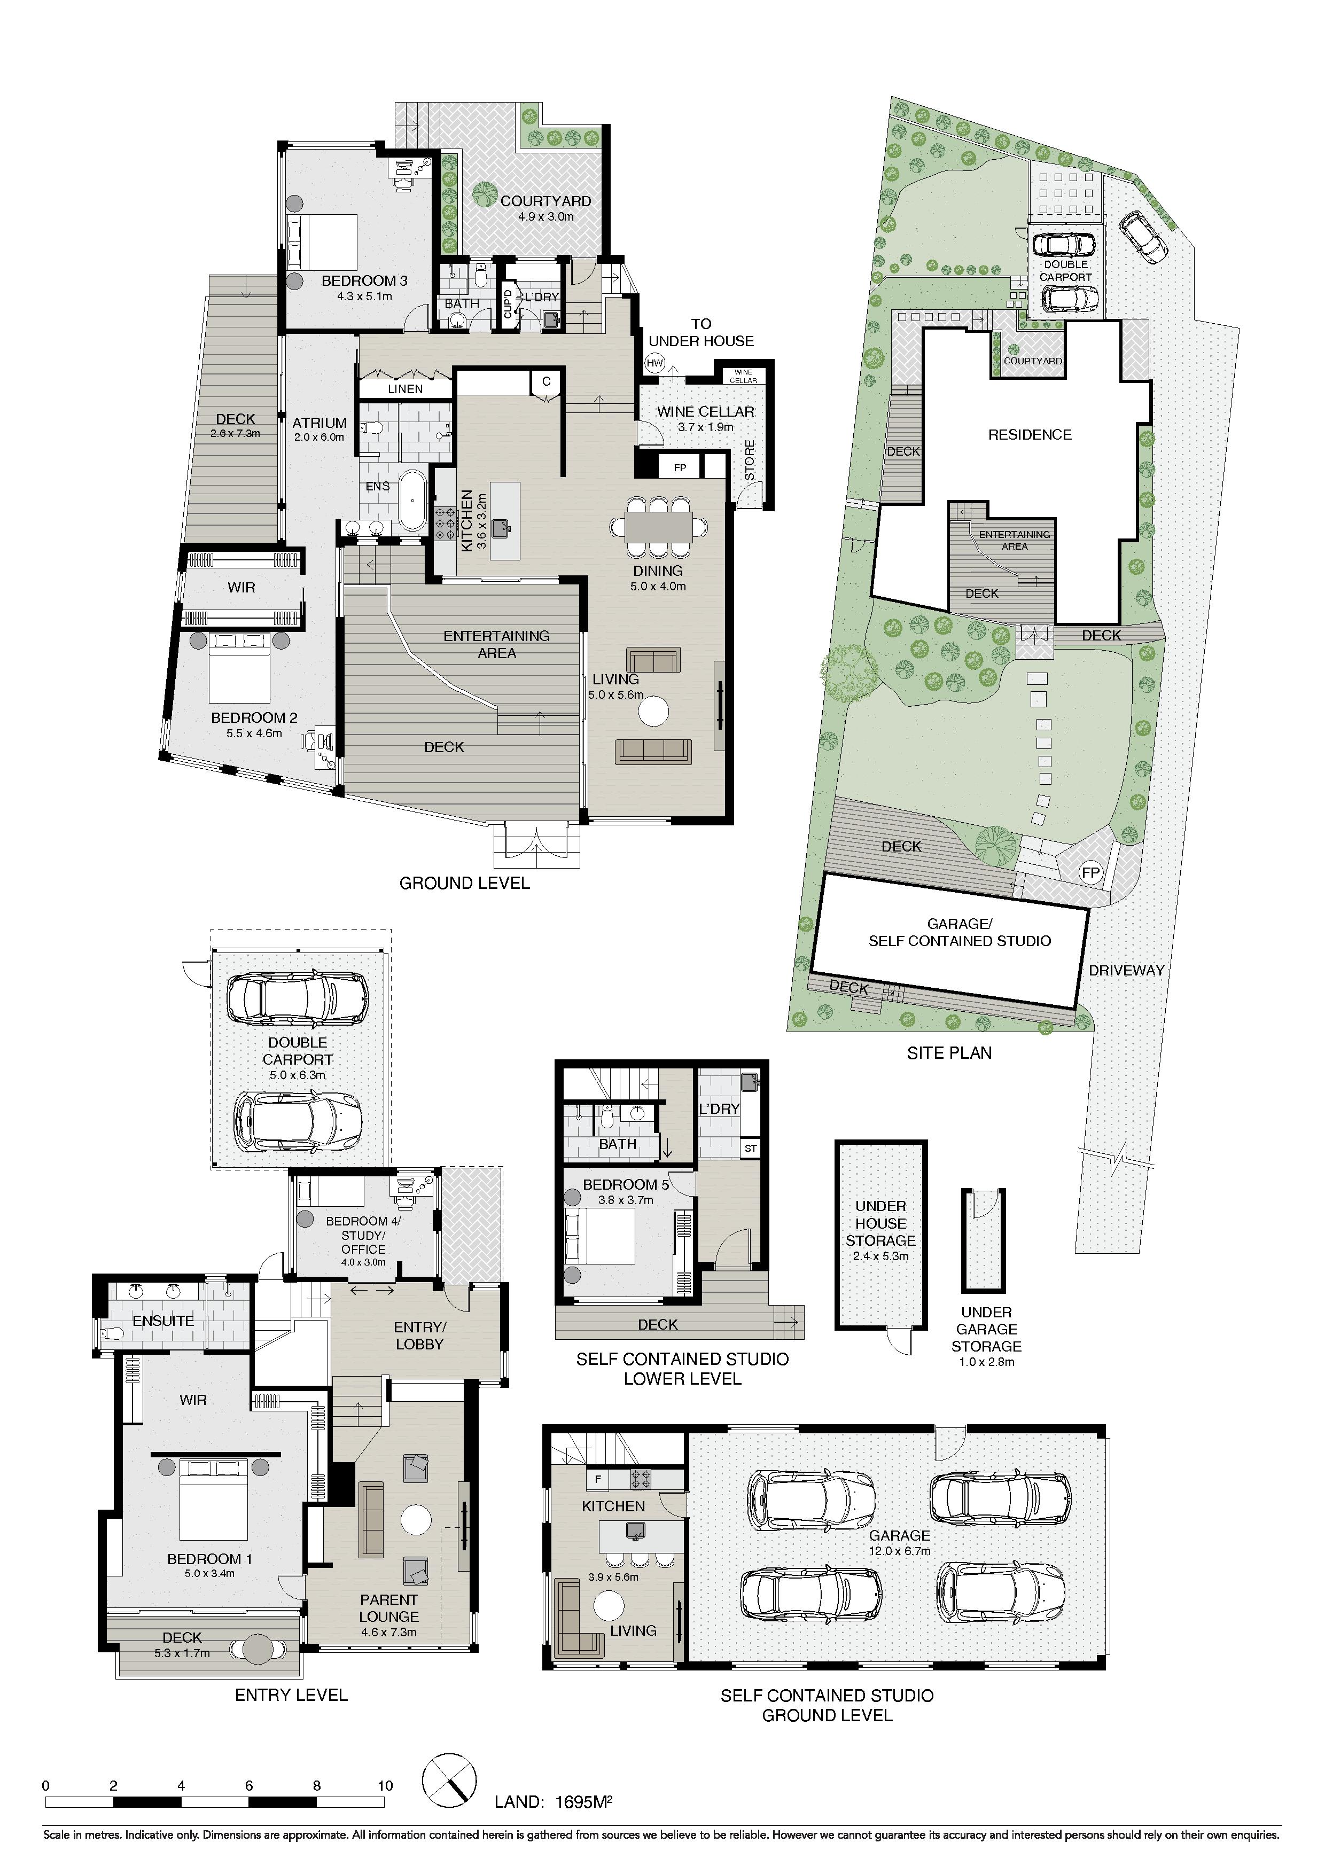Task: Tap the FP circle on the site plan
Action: click(1090, 872)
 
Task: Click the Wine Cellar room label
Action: click(705, 411)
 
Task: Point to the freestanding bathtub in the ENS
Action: click(412, 498)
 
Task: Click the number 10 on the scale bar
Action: click(385, 1786)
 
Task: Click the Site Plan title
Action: click(949, 1053)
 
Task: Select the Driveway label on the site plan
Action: click(1126, 971)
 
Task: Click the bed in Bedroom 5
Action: click(600, 1236)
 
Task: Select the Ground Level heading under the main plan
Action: click(464, 883)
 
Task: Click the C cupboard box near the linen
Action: click(546, 381)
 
